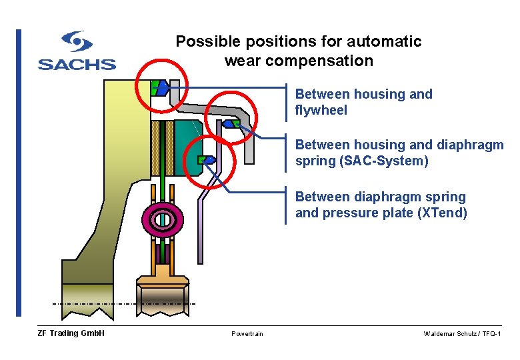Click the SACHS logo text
coord(77,65)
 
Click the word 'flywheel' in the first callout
coord(321,111)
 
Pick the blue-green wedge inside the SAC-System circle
coord(231,123)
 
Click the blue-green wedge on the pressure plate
coord(206,159)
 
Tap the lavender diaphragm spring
coord(202,220)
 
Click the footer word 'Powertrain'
coord(247,334)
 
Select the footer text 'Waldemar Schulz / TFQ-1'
coord(462,334)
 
